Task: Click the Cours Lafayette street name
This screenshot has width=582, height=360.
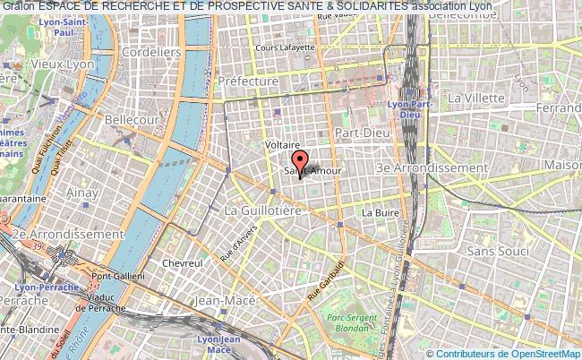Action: click(285, 47)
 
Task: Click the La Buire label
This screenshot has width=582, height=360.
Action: click(379, 213)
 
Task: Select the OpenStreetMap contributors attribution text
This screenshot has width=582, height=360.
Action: click(508, 353)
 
